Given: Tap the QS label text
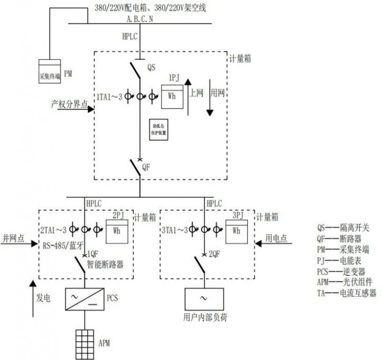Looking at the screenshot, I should (151, 67).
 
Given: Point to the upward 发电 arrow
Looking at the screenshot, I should (32, 299).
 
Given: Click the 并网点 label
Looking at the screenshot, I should (12, 238).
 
